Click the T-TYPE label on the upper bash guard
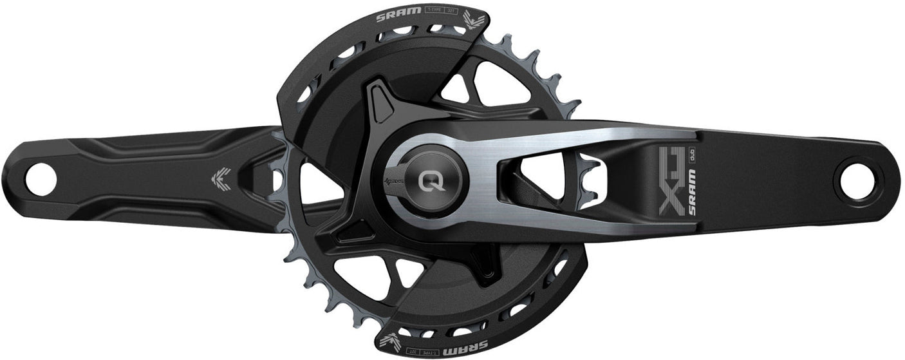[x=433, y=11]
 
